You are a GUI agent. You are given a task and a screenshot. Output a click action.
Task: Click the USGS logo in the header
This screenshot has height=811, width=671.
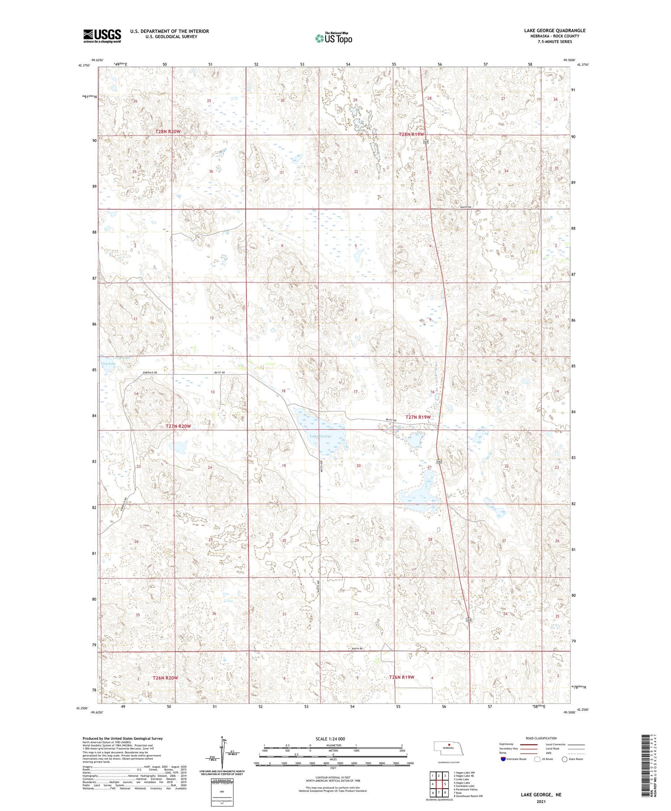pos(102,36)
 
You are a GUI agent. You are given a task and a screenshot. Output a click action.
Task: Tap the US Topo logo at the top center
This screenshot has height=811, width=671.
pos(333,38)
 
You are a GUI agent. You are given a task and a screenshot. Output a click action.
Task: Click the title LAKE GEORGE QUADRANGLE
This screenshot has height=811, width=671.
pos(554,30)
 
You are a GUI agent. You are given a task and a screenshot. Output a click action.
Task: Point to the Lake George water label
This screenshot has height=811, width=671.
pos(320,436)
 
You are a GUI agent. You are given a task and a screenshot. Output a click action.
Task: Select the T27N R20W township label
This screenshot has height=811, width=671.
pos(178,426)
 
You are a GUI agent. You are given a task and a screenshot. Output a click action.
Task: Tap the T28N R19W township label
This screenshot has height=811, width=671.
pos(411,134)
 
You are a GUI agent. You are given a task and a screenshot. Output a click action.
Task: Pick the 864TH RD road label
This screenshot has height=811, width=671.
pos(466,207)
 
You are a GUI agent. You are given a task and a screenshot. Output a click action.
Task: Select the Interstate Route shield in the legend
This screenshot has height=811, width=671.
pos(503,759)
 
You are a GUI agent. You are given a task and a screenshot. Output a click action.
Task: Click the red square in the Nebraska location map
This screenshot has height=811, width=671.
pos(449,745)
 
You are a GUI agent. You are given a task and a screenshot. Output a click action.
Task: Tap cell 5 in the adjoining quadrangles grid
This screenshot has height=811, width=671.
pos(445,784)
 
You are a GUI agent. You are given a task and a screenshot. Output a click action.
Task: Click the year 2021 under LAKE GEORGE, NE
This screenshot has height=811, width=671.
pos(541,802)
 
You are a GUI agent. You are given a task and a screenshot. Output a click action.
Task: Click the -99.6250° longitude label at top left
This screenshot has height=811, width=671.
pos(96,60)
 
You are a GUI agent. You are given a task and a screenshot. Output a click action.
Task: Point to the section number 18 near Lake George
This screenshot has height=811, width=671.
pos(283,391)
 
